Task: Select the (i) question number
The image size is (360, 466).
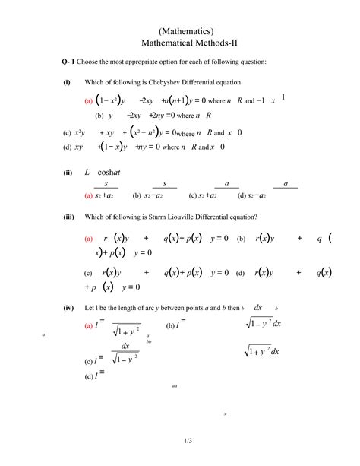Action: point(67,82)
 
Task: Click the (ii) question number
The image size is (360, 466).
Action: point(68,173)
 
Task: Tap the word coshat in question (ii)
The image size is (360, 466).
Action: point(109,173)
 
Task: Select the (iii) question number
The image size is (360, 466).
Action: point(68,217)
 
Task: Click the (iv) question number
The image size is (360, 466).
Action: point(68,307)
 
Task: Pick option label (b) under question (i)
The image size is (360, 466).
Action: point(99,116)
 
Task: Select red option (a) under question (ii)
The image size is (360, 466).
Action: point(89,195)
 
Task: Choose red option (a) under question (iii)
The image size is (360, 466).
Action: point(89,239)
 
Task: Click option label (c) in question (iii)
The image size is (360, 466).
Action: point(88,273)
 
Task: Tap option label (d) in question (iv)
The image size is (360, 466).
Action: point(89,376)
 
